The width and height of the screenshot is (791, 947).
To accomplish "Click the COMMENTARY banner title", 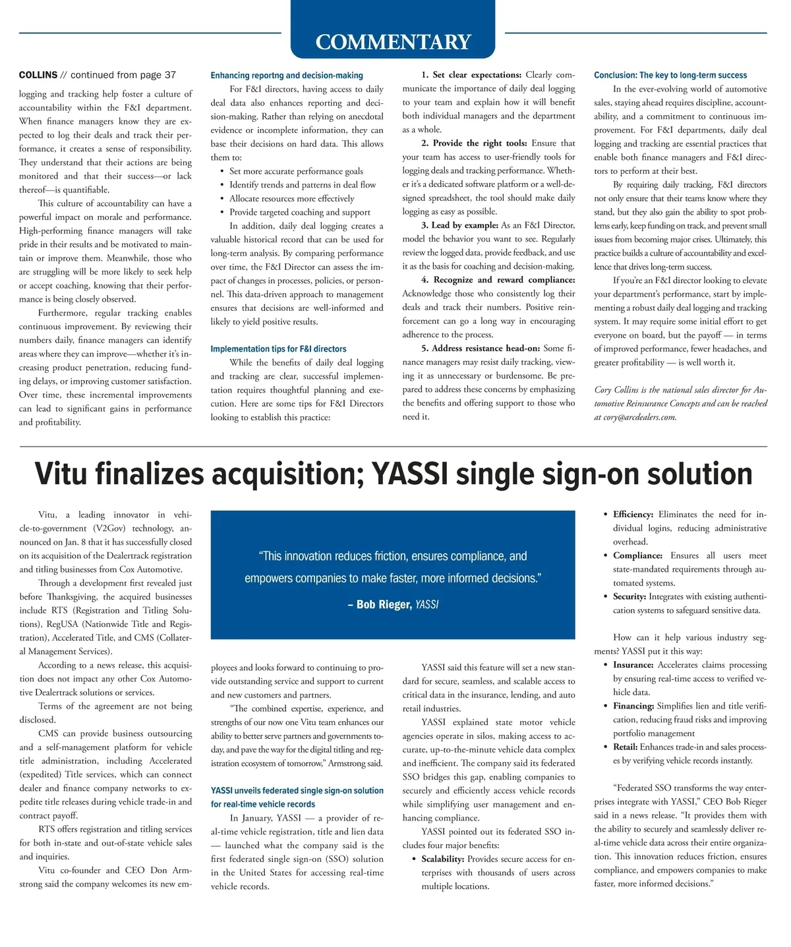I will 393,42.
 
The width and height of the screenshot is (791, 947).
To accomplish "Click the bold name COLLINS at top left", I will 38,75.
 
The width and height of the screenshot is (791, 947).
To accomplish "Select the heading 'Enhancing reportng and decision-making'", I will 287,76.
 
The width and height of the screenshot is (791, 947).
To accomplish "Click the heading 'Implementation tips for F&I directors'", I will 278,349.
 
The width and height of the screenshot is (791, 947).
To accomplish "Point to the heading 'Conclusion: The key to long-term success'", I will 670,75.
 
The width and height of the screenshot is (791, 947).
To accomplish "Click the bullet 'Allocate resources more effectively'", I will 291,198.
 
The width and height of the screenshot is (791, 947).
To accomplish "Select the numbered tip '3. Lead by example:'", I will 460,225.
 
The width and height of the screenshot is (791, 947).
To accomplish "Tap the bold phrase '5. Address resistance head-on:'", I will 481,348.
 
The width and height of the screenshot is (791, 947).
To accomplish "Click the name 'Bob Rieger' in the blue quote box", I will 384,605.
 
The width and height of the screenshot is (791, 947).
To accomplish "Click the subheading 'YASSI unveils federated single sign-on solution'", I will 297,790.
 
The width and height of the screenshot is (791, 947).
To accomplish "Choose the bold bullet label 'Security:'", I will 629,597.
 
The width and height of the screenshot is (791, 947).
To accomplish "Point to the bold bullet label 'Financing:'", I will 633,706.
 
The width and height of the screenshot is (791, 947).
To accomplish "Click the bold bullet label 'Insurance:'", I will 633,665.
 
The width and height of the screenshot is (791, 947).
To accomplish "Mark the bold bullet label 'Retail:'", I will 625,747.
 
